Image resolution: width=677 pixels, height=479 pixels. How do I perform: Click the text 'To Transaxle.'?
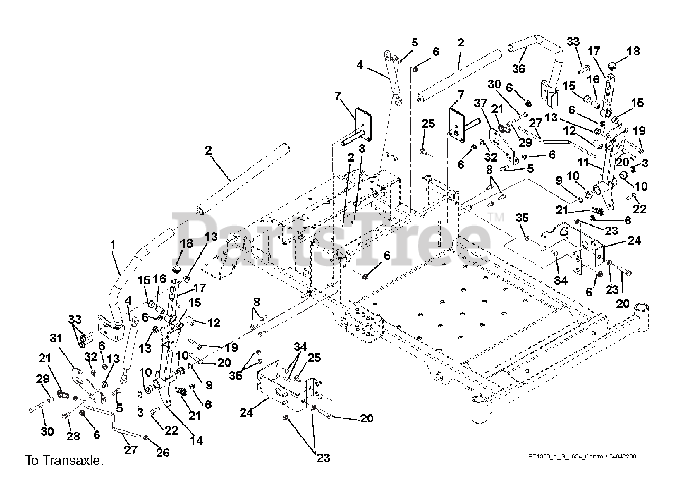coord(63,461)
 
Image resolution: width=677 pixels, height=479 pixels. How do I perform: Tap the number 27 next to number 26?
coord(131,449)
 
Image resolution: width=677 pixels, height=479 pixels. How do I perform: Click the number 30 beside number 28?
coord(48,431)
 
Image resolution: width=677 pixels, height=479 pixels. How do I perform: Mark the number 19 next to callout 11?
coord(638,130)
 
